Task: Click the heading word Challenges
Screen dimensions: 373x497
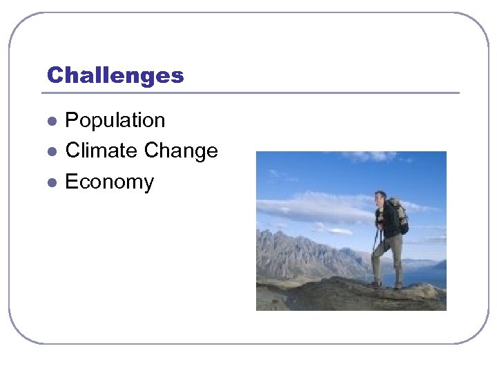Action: click(115, 75)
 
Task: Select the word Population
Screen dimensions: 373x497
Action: click(115, 121)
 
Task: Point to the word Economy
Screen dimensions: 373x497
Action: click(109, 182)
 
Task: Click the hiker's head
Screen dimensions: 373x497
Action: click(380, 198)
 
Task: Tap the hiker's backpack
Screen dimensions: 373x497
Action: click(399, 216)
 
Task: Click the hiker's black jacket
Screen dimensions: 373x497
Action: click(388, 221)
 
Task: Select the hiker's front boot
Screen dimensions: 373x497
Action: click(374, 283)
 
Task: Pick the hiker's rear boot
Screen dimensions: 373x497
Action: click(398, 285)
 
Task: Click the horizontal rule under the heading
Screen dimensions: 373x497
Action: click(253, 93)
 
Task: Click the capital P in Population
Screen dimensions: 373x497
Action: click(72, 121)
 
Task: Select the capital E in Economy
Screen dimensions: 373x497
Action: click(71, 182)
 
